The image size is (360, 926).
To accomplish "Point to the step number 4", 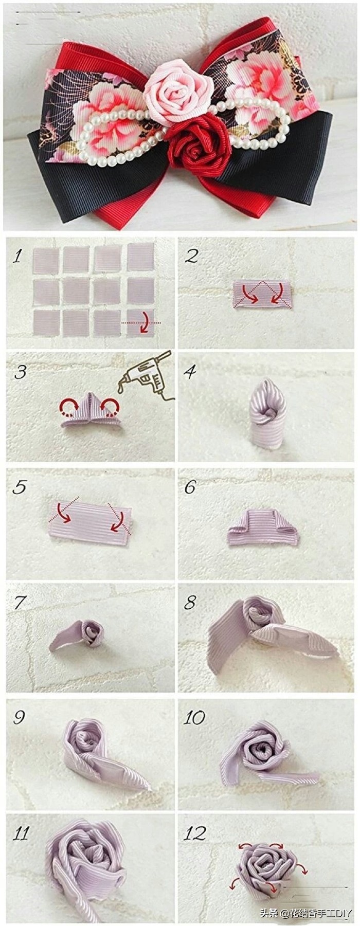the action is point(191,372).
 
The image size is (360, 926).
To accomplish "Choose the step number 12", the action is point(195,833).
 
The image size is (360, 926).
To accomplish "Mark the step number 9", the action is point(20,718).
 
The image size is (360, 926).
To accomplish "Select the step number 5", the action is point(20,487).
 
